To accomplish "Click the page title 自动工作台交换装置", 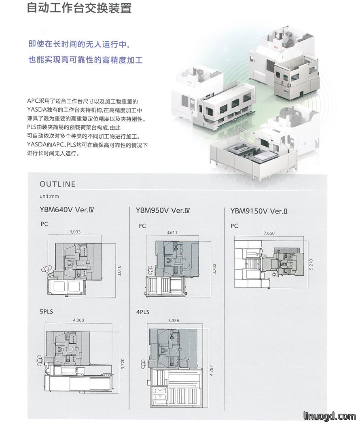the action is pyautogui.click(x=79, y=7).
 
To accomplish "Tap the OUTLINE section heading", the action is pyautogui.click(x=58, y=184).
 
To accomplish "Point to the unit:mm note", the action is pyautogui.click(x=49, y=196).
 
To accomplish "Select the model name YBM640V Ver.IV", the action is pyautogui.click(x=67, y=210).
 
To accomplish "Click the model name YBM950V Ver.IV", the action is pyautogui.click(x=163, y=210).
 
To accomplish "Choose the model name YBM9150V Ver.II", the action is pyautogui.click(x=259, y=211).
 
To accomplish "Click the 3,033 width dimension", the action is pyautogui.click(x=75, y=232).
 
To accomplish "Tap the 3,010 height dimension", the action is pyautogui.click(x=119, y=271).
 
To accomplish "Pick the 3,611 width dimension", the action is pyautogui.click(x=172, y=233).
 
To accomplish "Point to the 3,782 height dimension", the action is pyautogui.click(x=214, y=269).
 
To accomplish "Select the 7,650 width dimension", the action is pyautogui.click(x=269, y=233).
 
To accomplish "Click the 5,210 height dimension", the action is pyautogui.click(x=311, y=264).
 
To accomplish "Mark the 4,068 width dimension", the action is pyautogui.click(x=78, y=320).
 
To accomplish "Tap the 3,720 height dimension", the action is pyautogui.click(x=123, y=364).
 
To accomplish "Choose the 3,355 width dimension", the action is pyautogui.click(x=174, y=321).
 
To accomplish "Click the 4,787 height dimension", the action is pyautogui.click(x=212, y=370).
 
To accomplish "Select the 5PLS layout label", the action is pyautogui.click(x=47, y=312).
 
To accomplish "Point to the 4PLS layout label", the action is pyautogui.click(x=143, y=312).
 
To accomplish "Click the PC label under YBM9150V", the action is pyautogui.click(x=234, y=226).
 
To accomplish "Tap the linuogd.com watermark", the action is pyautogui.click(x=330, y=416).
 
